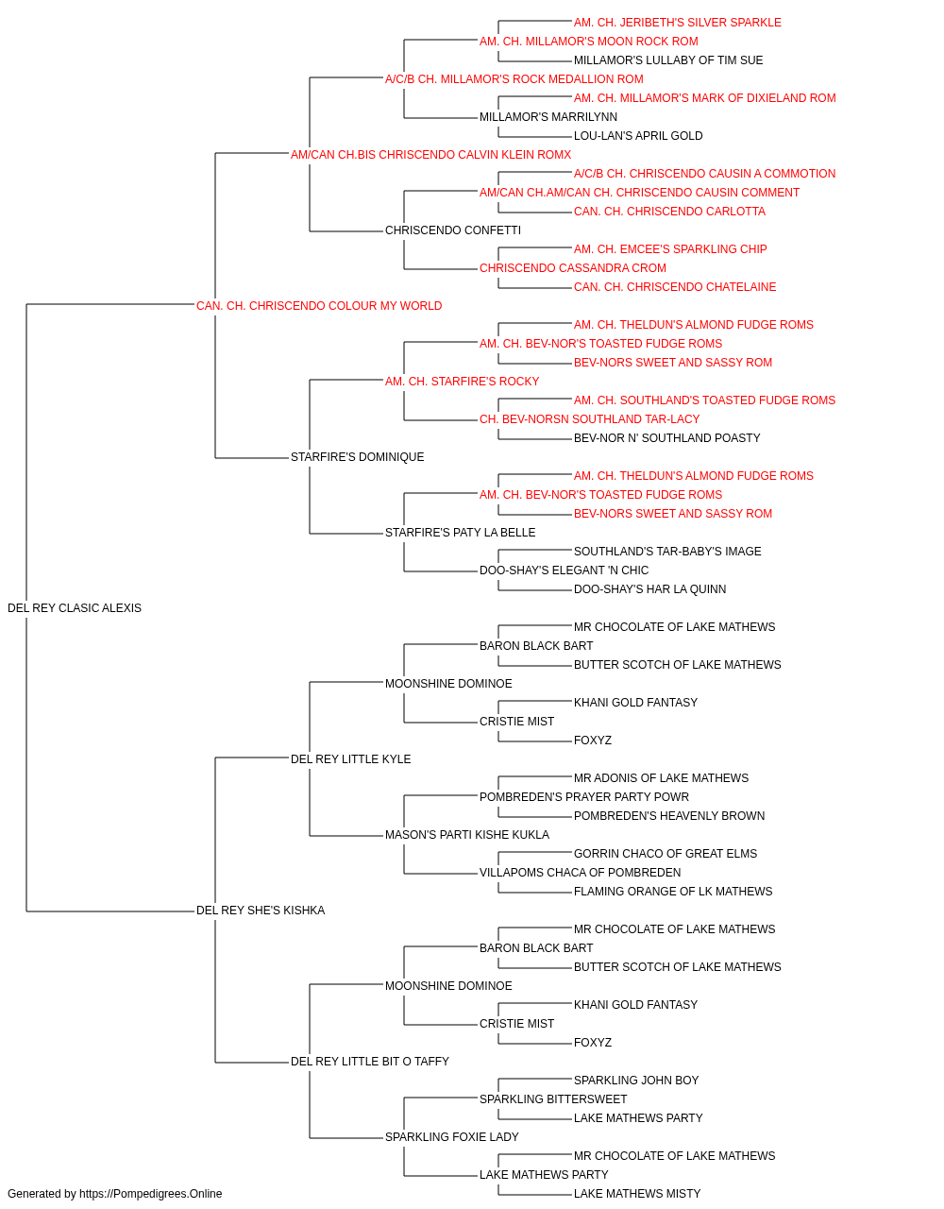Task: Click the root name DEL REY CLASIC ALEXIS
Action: [75, 608]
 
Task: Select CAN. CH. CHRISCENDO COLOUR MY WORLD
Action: [319, 306]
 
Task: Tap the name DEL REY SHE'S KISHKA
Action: [261, 911]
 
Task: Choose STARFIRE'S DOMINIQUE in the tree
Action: [358, 457]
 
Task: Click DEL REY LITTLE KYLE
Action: [351, 758]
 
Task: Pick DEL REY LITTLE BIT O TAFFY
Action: [370, 1061]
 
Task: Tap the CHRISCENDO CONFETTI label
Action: [453, 230]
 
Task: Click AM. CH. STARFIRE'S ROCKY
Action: [462, 381]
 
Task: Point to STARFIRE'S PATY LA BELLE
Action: [461, 533]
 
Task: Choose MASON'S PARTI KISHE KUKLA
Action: [467, 835]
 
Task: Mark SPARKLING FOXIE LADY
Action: [452, 1136]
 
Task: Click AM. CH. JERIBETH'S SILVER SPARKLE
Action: [678, 23]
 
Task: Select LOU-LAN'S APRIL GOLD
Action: [638, 136]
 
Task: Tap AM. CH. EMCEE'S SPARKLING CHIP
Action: [670, 249]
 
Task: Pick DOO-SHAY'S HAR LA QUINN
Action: [649, 589]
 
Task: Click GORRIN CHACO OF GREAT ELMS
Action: [666, 854]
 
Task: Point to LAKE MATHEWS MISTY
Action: [637, 1194]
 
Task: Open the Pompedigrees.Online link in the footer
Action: [151, 1194]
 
